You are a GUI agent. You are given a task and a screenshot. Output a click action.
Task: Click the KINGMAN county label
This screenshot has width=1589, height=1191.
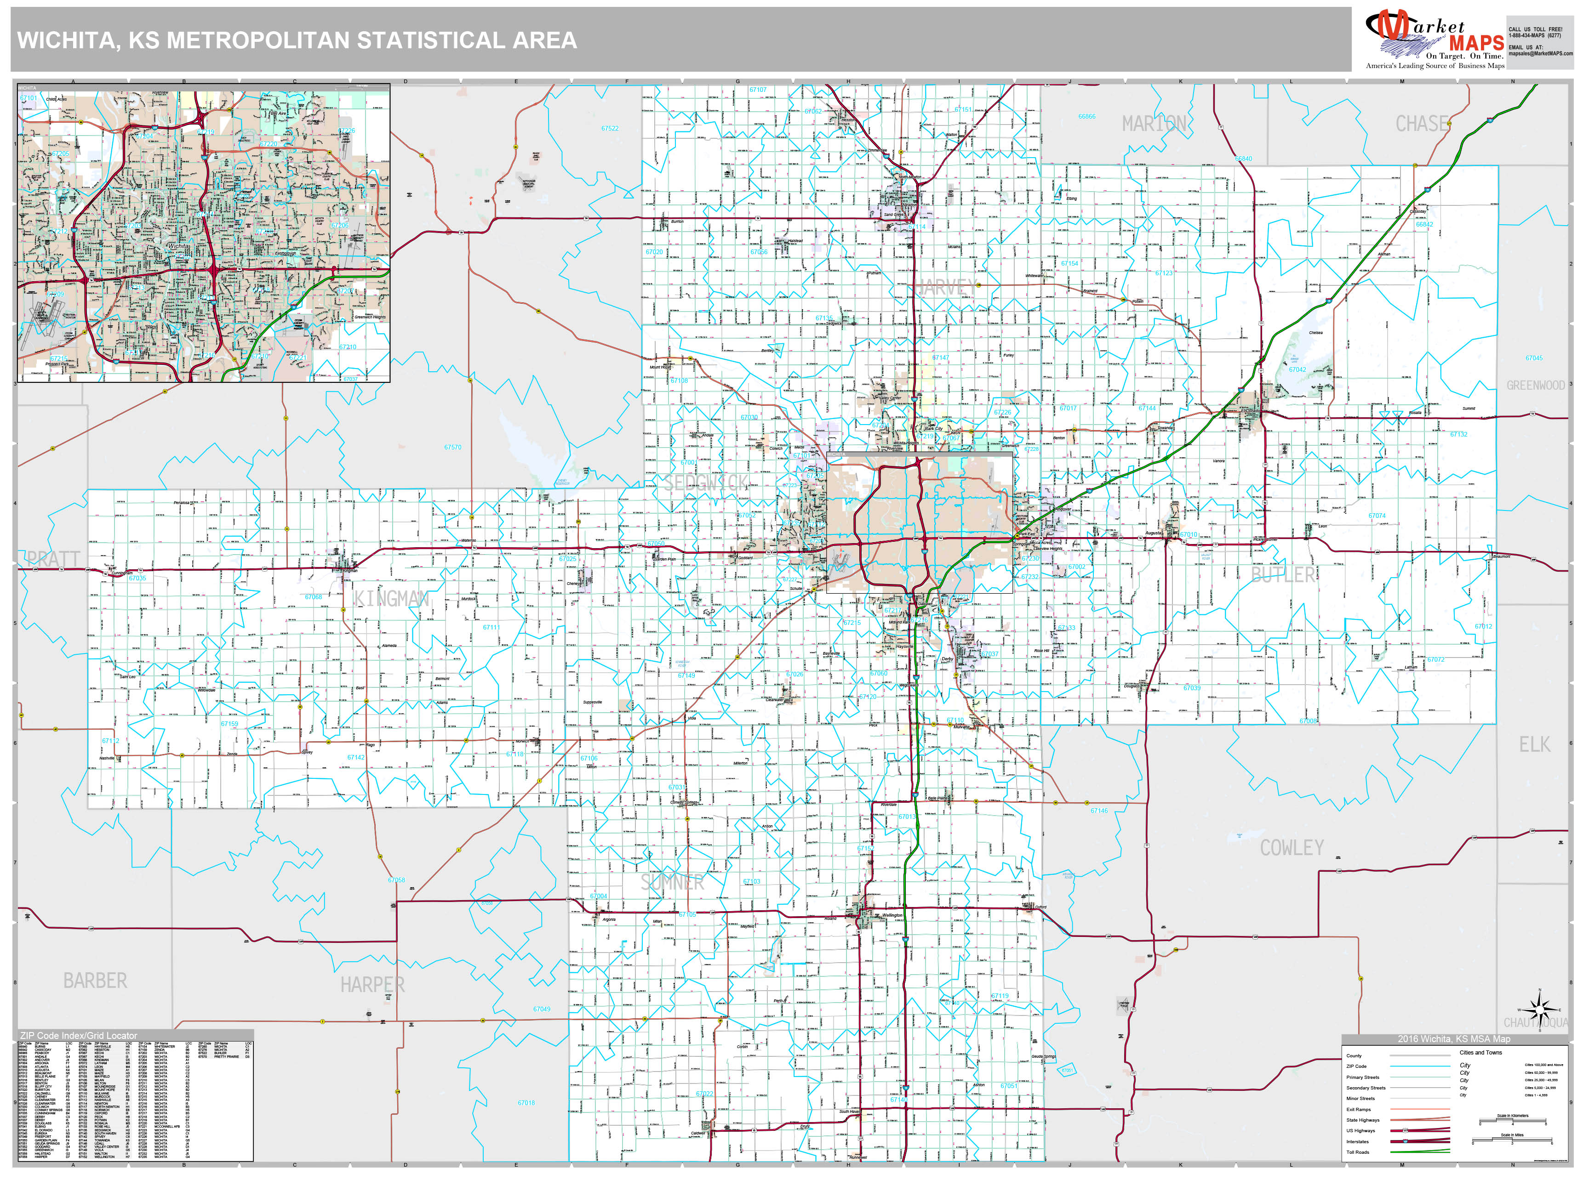(x=392, y=599)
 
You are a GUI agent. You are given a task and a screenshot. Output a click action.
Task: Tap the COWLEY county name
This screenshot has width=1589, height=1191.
(x=1292, y=848)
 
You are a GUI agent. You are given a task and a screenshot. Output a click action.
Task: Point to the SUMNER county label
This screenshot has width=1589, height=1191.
(x=672, y=882)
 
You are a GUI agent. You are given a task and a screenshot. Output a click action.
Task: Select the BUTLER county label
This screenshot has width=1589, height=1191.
(x=1283, y=574)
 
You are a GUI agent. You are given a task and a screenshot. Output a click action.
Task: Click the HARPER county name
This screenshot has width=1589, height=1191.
(x=372, y=984)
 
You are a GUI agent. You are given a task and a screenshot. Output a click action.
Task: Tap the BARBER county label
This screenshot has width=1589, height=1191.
(x=95, y=981)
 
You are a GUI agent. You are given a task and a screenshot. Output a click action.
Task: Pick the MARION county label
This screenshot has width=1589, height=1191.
(x=1155, y=124)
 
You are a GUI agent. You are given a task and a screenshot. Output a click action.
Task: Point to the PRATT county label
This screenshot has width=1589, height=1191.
(x=53, y=559)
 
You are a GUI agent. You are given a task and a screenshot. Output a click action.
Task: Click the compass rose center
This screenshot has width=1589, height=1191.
(x=1539, y=1010)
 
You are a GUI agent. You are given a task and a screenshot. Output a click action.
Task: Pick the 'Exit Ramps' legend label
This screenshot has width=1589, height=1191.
(x=1358, y=1109)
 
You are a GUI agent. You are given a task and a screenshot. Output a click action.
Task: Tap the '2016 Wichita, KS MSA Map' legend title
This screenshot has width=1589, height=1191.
(x=1453, y=1039)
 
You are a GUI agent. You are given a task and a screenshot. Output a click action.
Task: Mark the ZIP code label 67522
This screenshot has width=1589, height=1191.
(x=609, y=129)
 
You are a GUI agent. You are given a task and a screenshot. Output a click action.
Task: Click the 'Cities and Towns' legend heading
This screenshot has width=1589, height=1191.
(x=1480, y=1052)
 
